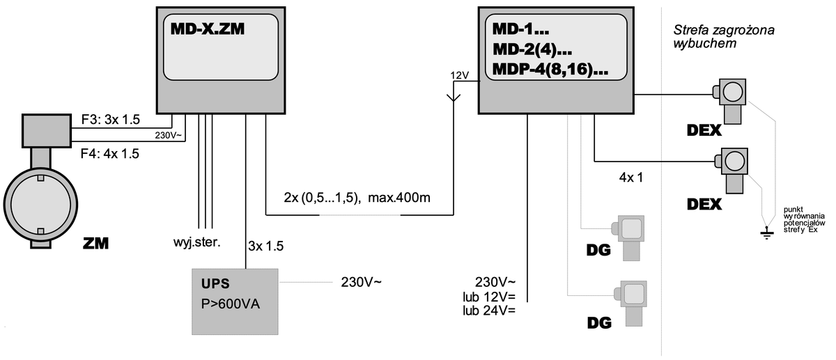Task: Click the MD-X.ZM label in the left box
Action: pyautogui.click(x=208, y=29)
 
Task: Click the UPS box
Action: pyautogui.click(x=235, y=299)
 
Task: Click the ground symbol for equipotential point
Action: pyautogui.click(x=767, y=232)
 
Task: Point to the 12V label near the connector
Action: pyautogui.click(x=460, y=75)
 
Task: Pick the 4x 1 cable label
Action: pyautogui.click(x=630, y=177)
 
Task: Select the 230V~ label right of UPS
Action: pyautogui.click(x=362, y=282)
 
